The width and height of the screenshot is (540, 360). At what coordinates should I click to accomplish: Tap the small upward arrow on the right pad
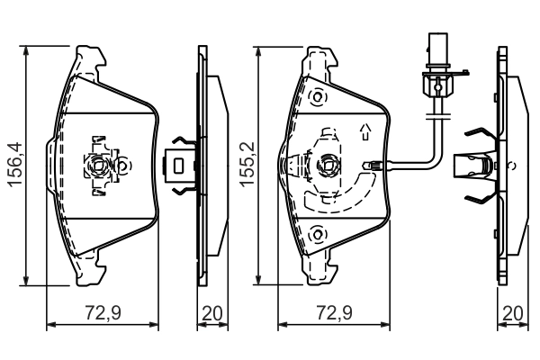pos(364,132)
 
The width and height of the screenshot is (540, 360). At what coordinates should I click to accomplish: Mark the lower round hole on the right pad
pos(316,235)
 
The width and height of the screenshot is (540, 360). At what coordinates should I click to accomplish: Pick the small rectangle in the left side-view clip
pos(179,166)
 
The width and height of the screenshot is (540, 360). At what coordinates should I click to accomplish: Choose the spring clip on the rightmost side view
pos(478,166)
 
